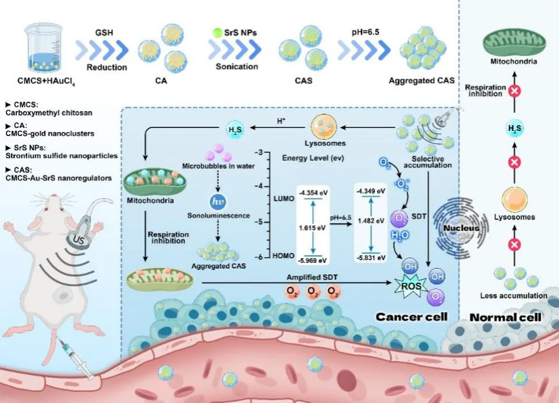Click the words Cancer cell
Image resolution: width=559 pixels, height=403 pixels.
tap(411, 317)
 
